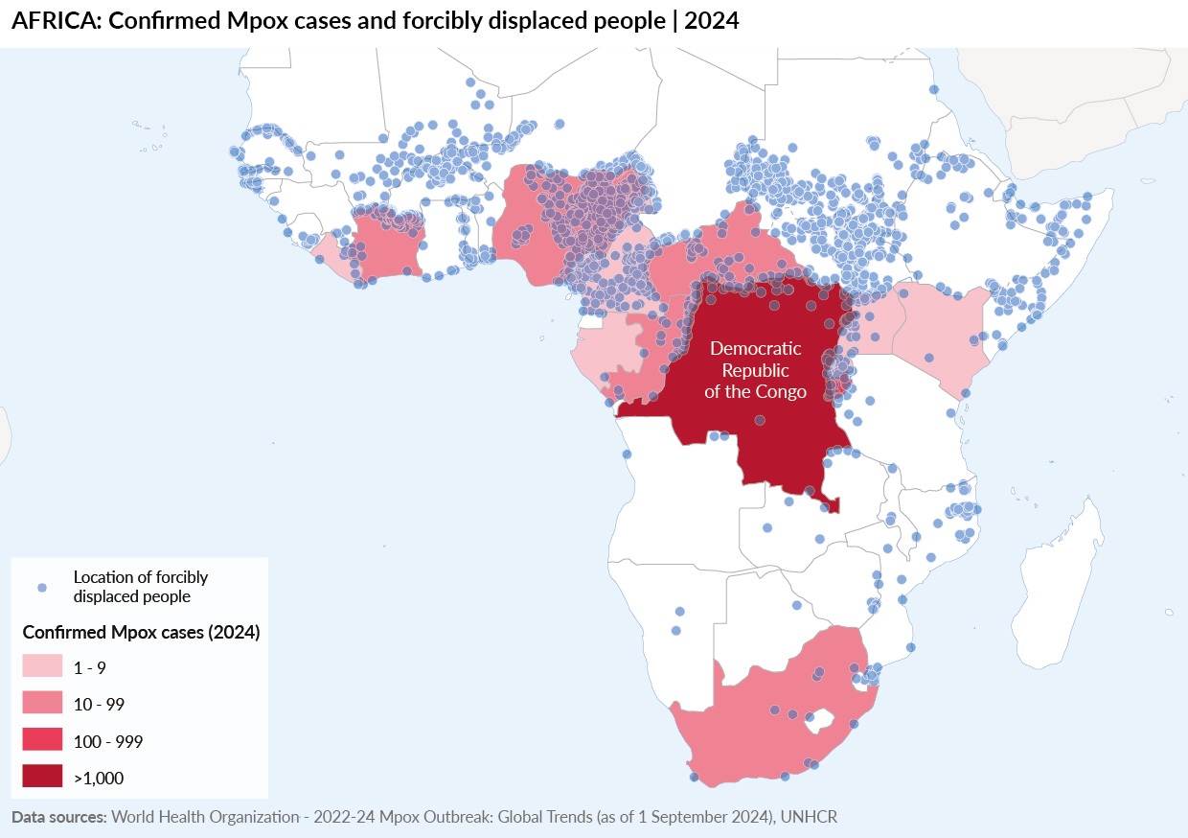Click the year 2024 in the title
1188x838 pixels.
(x=711, y=21)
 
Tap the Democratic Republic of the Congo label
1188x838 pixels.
(x=755, y=370)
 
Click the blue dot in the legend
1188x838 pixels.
(x=40, y=587)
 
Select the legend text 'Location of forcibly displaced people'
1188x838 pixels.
(x=140, y=587)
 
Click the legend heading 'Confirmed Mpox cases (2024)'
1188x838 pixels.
(x=142, y=632)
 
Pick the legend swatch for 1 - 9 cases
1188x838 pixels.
(x=42, y=667)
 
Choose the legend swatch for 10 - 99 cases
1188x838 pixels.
(x=42, y=704)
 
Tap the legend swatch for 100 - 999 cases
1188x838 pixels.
(x=42, y=740)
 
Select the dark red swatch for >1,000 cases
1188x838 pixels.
(x=42, y=777)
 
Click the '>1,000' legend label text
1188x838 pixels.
(x=99, y=778)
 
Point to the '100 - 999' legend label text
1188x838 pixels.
(x=108, y=741)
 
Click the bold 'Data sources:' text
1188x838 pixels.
(x=58, y=817)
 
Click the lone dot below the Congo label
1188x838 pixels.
(x=760, y=420)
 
